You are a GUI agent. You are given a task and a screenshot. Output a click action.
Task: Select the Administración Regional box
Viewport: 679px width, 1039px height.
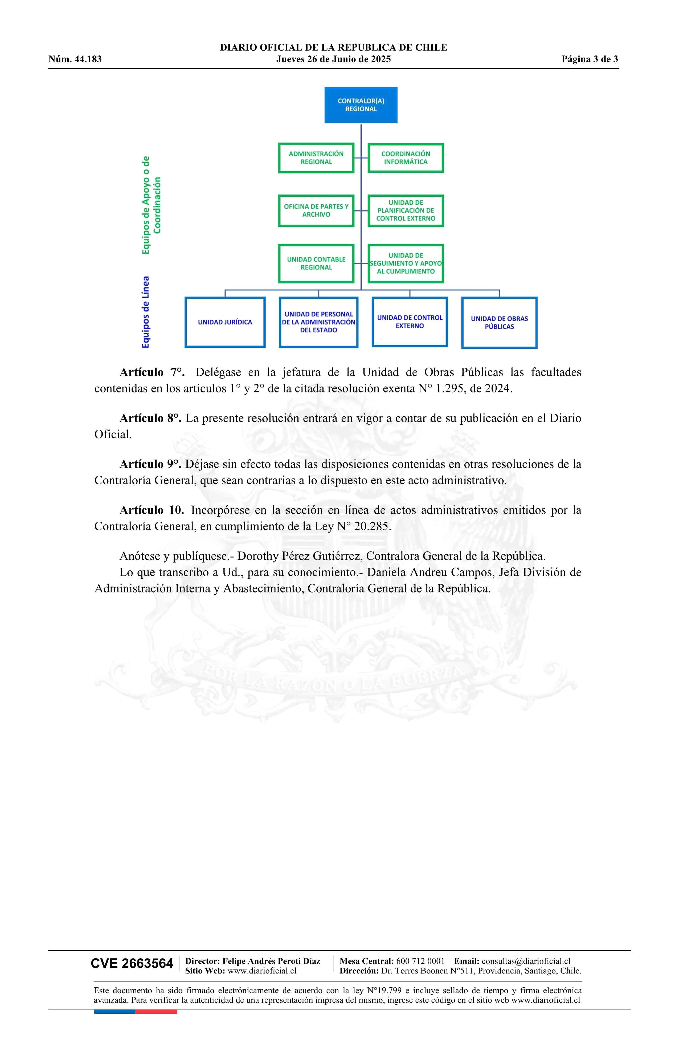click(x=316, y=158)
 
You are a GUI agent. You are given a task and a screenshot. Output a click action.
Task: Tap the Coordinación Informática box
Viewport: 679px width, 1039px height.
click(x=405, y=158)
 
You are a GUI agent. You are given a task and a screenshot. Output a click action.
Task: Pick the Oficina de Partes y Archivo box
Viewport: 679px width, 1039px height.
click(x=316, y=210)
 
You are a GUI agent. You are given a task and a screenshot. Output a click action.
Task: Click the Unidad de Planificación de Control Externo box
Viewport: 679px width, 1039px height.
click(x=405, y=210)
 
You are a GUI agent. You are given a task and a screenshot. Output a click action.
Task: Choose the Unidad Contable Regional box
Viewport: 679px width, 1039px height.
click(x=316, y=263)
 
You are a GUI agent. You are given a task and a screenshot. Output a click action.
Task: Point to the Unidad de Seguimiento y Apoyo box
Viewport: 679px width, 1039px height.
click(x=405, y=263)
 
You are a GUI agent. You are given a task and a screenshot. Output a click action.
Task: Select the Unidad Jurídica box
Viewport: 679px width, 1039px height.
click(x=225, y=322)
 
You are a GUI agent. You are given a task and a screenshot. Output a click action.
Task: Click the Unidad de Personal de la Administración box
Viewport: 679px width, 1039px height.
click(x=318, y=322)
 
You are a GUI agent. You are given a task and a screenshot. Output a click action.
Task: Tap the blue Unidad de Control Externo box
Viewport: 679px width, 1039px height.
click(x=409, y=322)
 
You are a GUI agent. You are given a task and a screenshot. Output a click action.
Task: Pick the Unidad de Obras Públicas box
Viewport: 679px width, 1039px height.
click(x=499, y=323)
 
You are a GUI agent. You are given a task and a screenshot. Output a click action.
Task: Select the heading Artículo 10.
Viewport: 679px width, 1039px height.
click(x=152, y=510)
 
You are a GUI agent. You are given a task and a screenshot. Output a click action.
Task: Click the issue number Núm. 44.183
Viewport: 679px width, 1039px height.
click(x=75, y=59)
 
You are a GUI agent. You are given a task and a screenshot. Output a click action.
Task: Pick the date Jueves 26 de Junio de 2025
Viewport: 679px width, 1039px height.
click(x=333, y=59)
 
